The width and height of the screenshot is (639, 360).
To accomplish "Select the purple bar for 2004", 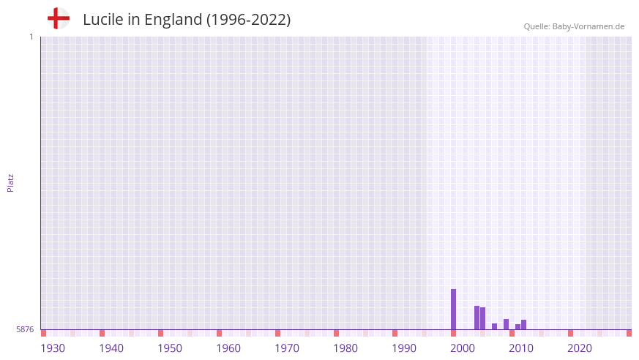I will point(477,318).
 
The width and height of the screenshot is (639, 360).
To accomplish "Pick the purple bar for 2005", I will point(482,318).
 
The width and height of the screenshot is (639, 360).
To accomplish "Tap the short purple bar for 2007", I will point(494,326).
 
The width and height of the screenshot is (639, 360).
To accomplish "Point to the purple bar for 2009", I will point(506,324).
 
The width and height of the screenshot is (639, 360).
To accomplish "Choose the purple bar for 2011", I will point(517,326).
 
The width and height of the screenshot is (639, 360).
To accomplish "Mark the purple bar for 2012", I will point(523,324).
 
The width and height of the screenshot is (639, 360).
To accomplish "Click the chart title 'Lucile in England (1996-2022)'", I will point(187,20).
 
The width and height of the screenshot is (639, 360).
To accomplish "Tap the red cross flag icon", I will point(59,18).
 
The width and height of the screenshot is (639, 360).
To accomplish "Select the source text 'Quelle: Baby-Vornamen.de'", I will point(574,26).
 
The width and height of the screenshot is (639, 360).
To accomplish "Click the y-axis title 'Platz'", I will point(10,183).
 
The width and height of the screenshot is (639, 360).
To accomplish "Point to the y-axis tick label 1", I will point(31,37).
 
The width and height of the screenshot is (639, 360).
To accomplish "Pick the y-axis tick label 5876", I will point(25,330).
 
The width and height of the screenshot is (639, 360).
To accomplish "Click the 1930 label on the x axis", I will point(53,348).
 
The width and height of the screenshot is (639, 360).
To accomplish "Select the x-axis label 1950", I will point(170,348).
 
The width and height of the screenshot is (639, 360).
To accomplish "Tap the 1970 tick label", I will point(287,348).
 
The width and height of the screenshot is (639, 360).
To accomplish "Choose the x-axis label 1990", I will point(404,348).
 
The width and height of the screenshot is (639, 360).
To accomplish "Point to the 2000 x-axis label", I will point(463,348).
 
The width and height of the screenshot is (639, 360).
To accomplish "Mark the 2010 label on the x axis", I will point(521,348).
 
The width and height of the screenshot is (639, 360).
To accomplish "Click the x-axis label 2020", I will point(580,348).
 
